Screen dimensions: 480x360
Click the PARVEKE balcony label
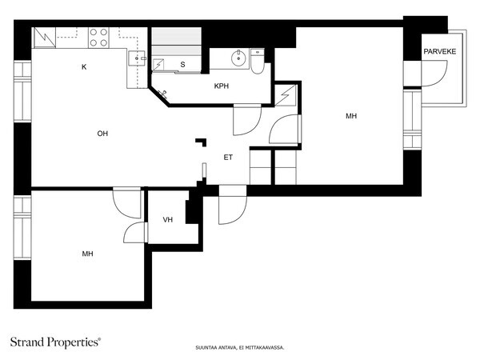(439, 51)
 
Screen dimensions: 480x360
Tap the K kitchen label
(84, 67)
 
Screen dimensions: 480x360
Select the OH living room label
(102, 134)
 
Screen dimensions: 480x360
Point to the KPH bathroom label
(222, 86)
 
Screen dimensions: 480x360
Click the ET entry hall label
(228, 158)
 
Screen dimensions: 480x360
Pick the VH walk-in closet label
(168, 220)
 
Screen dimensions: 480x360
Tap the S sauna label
(182, 65)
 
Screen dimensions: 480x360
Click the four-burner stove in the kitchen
(98, 38)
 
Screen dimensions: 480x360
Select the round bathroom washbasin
(238, 58)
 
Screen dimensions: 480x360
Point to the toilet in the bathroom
(258, 62)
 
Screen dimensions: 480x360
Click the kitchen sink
(137, 58)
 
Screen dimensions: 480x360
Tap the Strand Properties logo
(55, 342)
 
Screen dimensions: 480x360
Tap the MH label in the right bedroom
(351, 116)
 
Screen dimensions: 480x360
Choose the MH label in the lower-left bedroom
(87, 254)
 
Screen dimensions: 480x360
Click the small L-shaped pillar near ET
(202, 142)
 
